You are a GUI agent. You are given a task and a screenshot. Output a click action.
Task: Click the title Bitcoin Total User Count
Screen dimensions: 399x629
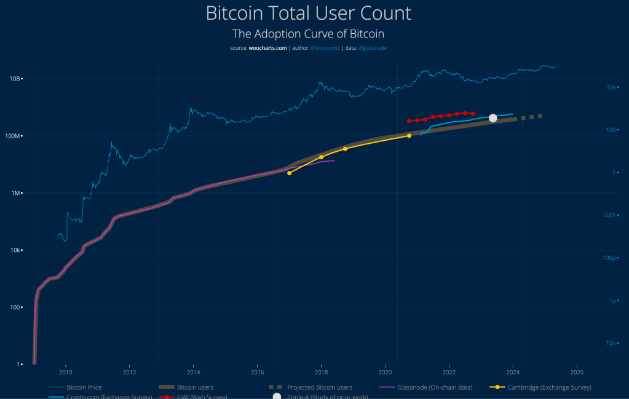[308, 14]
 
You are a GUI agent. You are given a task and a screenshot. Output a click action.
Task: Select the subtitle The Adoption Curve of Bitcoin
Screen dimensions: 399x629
[308, 34]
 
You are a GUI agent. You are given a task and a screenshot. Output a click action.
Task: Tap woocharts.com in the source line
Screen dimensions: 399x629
[267, 48]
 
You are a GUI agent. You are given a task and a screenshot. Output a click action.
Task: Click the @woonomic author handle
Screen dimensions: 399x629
[325, 48]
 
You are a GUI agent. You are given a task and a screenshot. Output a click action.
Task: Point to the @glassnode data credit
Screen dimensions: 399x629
[373, 48]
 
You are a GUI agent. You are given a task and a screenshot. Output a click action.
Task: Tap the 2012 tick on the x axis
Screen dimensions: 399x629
[129, 372]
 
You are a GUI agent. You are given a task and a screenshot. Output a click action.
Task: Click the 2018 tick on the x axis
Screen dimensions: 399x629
[321, 372]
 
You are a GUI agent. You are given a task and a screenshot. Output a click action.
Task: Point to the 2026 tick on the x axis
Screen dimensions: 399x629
[577, 372]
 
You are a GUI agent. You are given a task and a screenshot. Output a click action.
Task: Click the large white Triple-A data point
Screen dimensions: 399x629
[493, 118]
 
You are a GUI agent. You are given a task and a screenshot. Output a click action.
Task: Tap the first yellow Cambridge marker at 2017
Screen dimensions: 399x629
[289, 173]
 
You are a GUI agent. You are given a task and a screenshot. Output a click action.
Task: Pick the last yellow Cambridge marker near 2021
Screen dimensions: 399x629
[409, 136]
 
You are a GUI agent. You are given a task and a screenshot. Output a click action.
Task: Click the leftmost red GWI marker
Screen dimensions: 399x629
[409, 121]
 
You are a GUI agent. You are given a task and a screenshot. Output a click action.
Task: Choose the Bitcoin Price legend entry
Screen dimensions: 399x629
[84, 388]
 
